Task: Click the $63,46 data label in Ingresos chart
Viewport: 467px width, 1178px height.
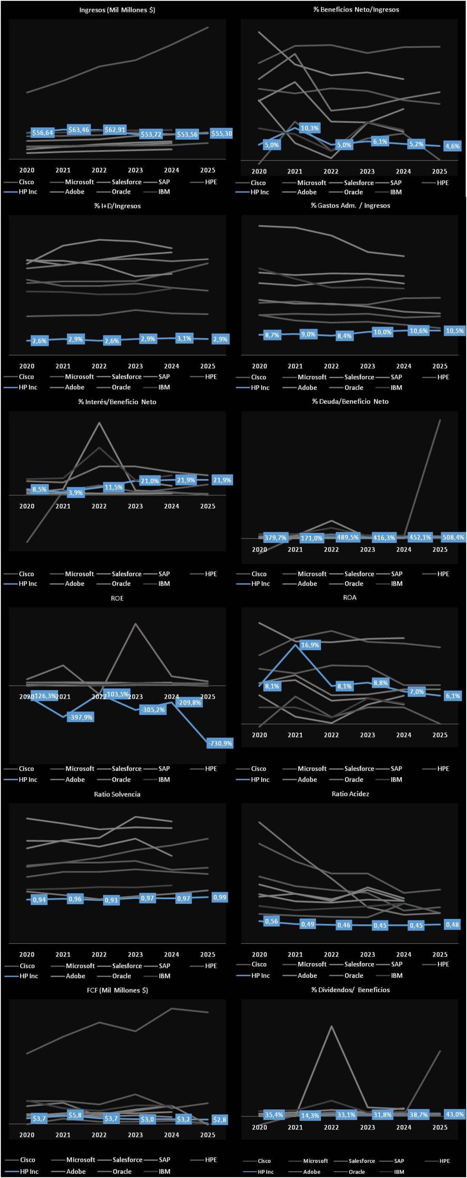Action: pyautogui.click(x=79, y=130)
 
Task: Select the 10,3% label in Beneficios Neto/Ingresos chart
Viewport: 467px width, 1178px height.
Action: pyautogui.click(x=309, y=128)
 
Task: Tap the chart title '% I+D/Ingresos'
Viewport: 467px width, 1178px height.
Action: pyautogui.click(x=117, y=206)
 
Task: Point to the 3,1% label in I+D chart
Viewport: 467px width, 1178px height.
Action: pyautogui.click(x=184, y=338)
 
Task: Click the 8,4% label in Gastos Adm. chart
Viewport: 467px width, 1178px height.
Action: pyautogui.click(x=344, y=336)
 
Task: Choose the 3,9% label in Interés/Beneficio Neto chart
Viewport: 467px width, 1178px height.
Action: pyautogui.click(x=76, y=492)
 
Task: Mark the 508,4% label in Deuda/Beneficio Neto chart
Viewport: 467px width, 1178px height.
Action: pyautogui.click(x=453, y=537)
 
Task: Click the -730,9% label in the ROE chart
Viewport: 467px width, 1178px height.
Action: pyautogui.click(x=220, y=743)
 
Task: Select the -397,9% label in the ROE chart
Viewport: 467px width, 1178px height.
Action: pyautogui.click(x=81, y=717)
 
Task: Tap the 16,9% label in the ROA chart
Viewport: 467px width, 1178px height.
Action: pyautogui.click(x=310, y=645)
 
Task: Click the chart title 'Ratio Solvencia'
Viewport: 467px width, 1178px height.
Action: pyautogui.click(x=117, y=794)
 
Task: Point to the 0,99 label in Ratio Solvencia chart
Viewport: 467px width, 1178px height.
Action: pyautogui.click(x=220, y=897)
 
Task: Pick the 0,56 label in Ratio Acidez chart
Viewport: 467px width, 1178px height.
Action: pyautogui.click(x=271, y=921)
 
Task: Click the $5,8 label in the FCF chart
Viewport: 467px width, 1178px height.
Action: pyautogui.click(x=75, y=1115)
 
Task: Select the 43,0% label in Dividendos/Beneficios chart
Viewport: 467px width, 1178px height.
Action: pyautogui.click(x=455, y=1114)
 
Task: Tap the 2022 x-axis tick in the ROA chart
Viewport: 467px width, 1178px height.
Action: pyautogui.click(x=331, y=735)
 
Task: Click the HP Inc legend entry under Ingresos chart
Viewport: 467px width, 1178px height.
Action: pyautogui.click(x=28, y=192)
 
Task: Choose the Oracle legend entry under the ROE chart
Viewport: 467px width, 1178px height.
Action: pyautogui.click(x=121, y=780)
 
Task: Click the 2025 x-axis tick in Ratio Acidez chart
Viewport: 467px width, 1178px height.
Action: pyautogui.click(x=440, y=954)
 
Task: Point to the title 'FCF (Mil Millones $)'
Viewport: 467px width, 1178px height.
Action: pyautogui.click(x=117, y=990)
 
